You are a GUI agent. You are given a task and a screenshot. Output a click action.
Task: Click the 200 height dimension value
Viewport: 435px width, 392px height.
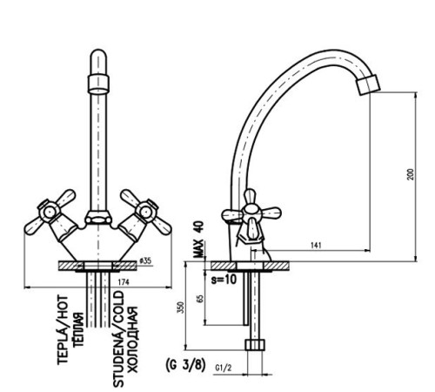pos(411,174)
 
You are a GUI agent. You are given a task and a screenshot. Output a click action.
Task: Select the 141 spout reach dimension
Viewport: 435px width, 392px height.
pos(316,246)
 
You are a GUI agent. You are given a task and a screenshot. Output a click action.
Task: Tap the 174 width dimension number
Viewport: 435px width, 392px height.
pos(124,282)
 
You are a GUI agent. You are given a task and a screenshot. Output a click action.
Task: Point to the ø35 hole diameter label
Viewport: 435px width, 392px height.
pos(145,260)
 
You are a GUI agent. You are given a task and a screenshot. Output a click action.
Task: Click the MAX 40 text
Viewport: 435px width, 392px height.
pos(199,240)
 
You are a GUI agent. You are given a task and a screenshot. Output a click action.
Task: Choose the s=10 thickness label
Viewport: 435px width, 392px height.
pos(224,280)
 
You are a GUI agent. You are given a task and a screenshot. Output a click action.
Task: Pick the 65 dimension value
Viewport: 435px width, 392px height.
pos(200,299)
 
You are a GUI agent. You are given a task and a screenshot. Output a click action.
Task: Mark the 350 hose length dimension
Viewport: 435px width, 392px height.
pos(180,308)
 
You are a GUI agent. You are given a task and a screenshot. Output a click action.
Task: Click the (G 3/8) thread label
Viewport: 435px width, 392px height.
pos(185,365)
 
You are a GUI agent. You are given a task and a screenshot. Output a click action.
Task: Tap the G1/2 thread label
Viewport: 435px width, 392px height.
pos(224,368)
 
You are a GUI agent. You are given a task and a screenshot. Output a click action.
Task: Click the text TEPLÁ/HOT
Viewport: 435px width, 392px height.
pos(63,330)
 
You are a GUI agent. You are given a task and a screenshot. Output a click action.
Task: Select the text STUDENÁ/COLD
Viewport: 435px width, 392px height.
pos(118,339)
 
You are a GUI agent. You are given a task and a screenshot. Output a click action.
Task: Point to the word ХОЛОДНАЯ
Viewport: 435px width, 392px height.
pos(132,340)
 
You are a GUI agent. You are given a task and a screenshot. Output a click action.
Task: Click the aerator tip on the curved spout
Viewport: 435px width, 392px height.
pos(368,84)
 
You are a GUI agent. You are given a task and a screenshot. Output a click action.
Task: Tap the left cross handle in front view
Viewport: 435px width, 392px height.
pos(50,213)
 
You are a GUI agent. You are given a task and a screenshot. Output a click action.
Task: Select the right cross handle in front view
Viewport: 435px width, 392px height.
pos(146,212)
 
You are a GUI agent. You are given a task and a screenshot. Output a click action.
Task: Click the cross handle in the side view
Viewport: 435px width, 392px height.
pos(251,213)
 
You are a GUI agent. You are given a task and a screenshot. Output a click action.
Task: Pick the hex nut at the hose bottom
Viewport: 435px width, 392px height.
pos(255,344)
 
